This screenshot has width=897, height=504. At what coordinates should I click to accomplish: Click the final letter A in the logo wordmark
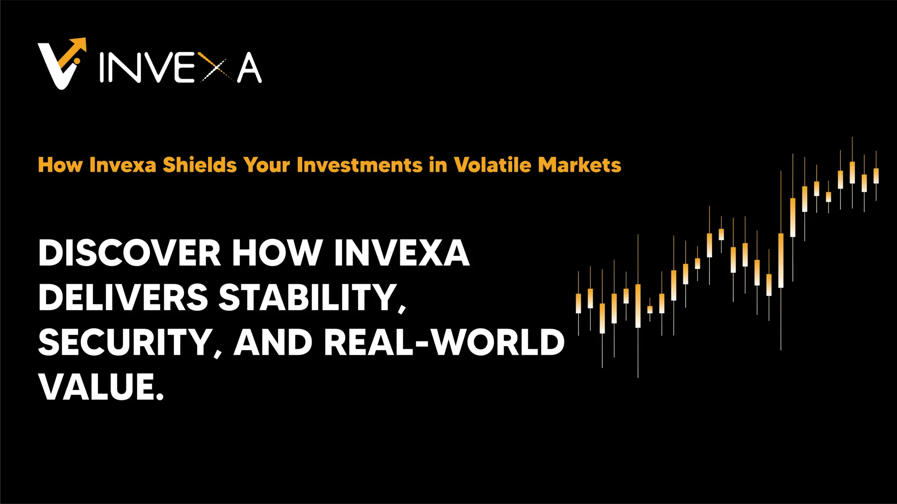point(249,68)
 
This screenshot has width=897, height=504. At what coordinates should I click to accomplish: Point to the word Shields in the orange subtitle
point(200,165)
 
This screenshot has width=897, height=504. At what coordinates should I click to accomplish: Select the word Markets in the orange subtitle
point(579,165)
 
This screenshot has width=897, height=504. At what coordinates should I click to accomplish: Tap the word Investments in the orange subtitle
point(359,165)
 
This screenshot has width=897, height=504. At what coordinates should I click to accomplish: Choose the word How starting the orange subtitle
point(61,165)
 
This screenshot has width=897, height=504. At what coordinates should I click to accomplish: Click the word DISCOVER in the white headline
point(129,253)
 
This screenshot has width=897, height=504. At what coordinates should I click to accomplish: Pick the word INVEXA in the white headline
point(401,253)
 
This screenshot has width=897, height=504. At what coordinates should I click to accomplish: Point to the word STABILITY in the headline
point(308,298)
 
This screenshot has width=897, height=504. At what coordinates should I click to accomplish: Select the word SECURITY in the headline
point(125,343)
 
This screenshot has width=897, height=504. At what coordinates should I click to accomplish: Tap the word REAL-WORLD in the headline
point(444,343)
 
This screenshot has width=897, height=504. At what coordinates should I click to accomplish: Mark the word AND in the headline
point(273,343)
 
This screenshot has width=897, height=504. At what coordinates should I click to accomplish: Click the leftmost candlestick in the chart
point(579,303)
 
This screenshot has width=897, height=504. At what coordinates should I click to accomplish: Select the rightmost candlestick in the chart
point(876,176)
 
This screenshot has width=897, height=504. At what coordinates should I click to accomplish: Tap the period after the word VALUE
point(160,396)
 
